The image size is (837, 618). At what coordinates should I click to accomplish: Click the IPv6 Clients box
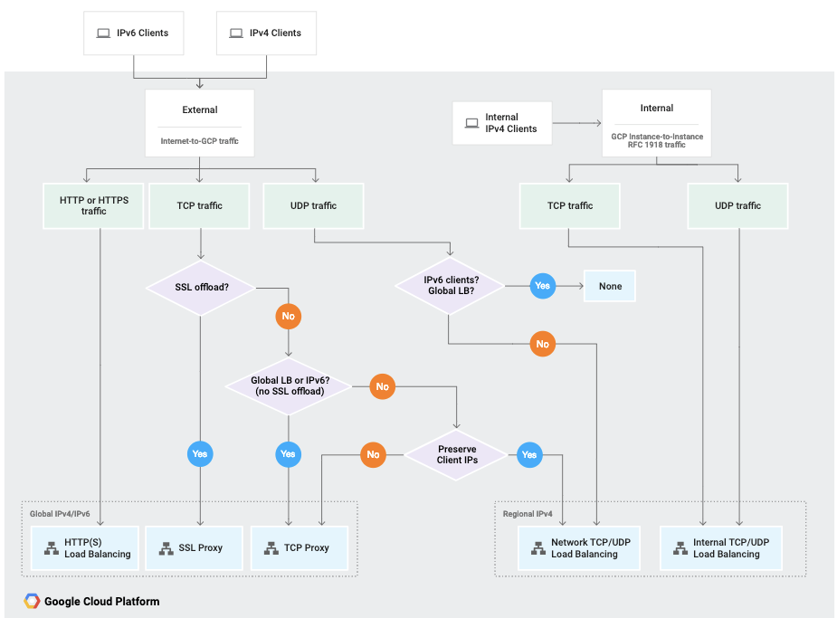[134, 33]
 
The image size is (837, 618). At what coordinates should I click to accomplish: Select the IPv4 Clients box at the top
[267, 33]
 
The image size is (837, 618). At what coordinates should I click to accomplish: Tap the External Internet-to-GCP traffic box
[200, 124]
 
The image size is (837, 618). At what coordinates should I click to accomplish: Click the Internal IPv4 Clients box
[502, 123]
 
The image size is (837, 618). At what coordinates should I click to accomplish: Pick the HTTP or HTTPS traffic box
[93, 205]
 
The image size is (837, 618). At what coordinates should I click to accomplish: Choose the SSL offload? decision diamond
[201, 288]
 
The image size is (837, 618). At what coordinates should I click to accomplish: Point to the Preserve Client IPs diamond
[456, 454]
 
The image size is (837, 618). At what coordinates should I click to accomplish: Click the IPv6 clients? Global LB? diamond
[449, 285]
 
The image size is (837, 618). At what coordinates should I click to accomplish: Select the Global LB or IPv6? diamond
[289, 386]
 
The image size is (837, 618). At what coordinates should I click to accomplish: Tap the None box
[610, 286]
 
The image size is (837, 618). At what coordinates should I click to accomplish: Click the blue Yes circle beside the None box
[542, 286]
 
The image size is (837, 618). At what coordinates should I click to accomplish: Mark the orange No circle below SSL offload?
[288, 318]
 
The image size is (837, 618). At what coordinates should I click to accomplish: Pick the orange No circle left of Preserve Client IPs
[373, 454]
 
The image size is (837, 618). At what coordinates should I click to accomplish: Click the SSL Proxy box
[193, 548]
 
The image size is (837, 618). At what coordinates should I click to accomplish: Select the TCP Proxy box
[298, 548]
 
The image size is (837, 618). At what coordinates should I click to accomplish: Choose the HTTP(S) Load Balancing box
[86, 548]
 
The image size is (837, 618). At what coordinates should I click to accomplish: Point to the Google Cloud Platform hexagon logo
[32, 602]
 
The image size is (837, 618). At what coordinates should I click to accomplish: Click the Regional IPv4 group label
[528, 514]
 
